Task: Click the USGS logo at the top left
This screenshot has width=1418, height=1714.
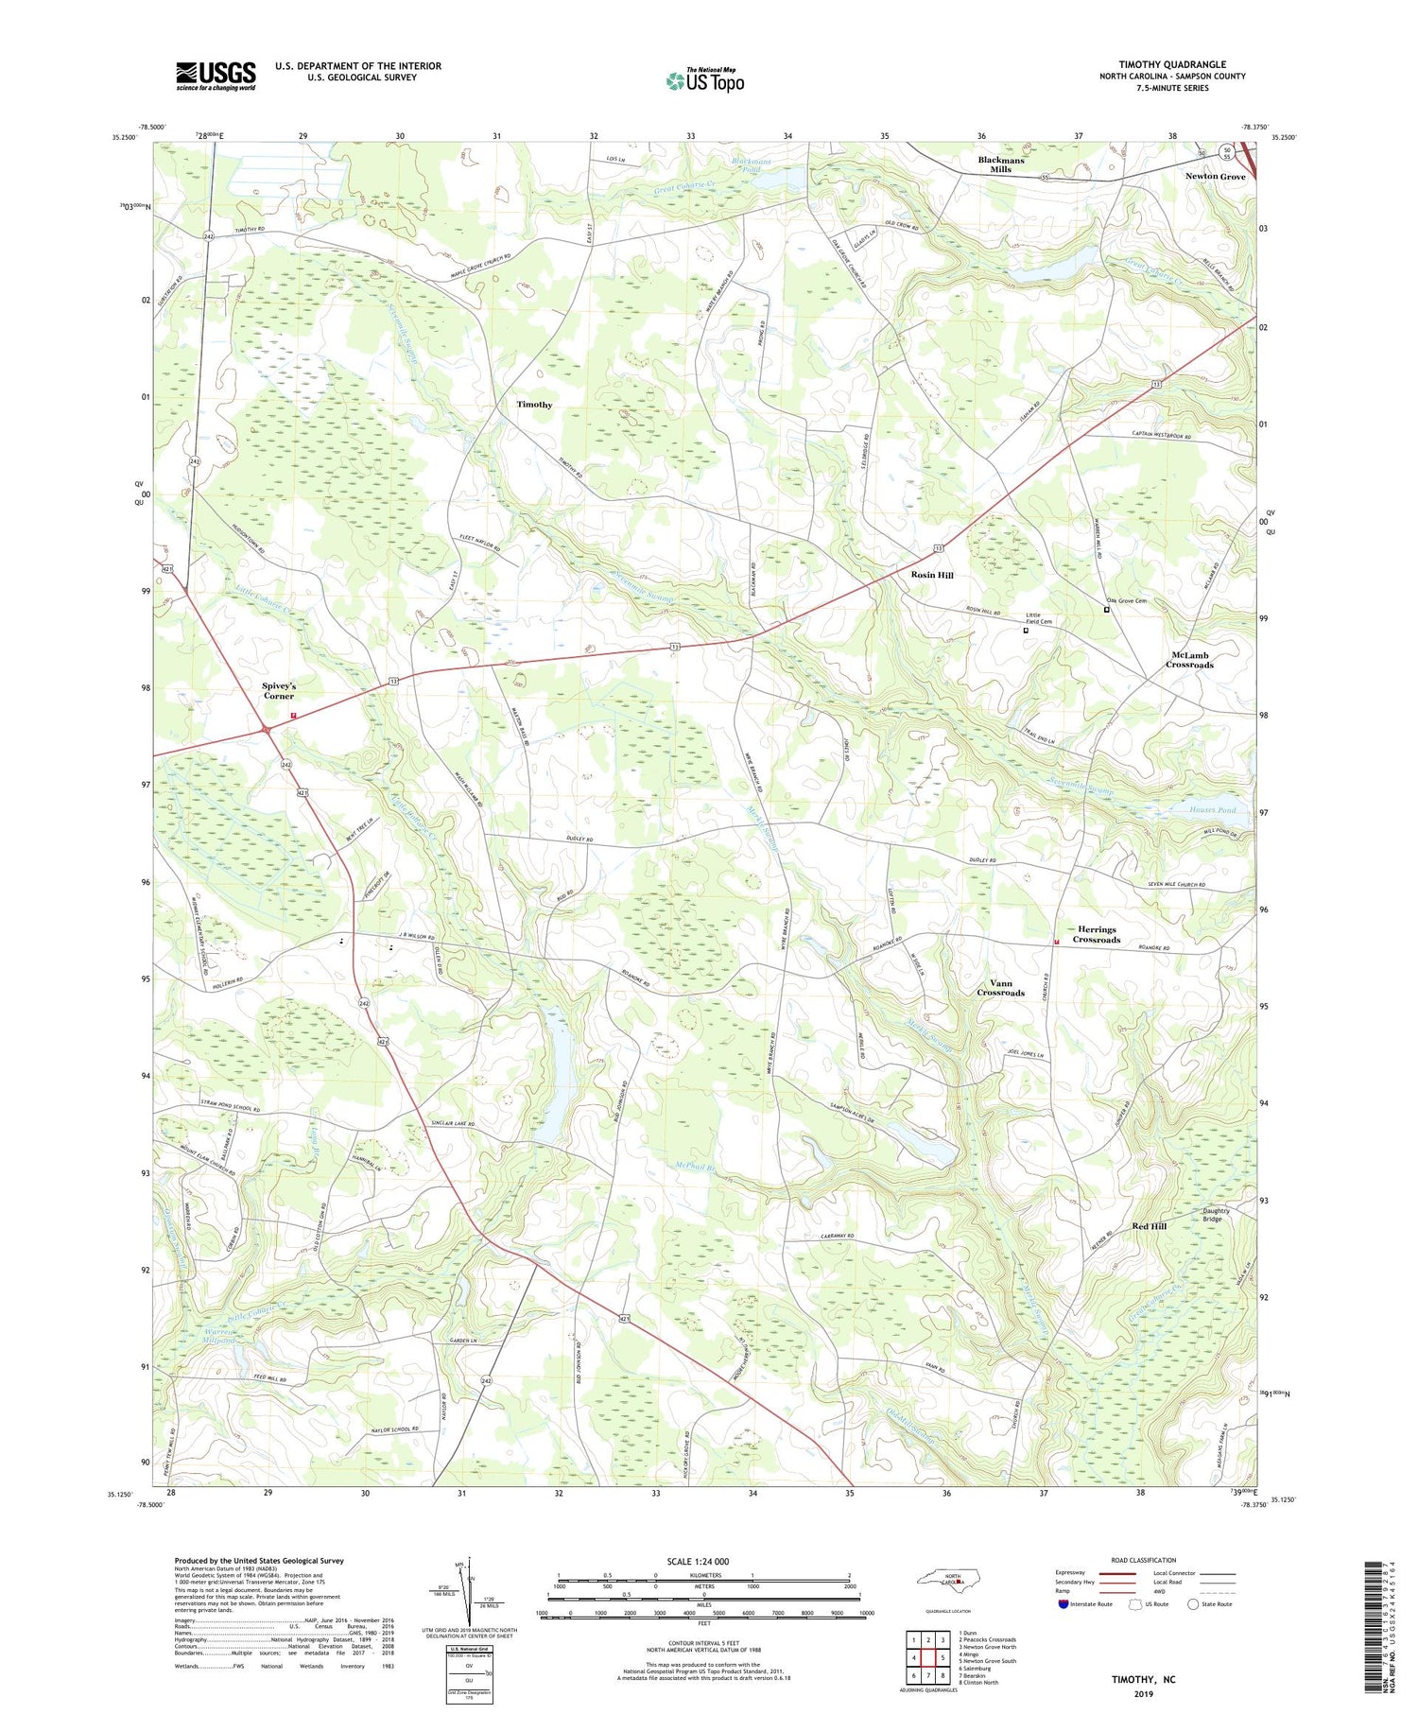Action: tap(216, 76)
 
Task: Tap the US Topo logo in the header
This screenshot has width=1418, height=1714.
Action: tap(704, 81)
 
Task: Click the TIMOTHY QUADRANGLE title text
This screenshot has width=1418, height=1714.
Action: tap(1172, 64)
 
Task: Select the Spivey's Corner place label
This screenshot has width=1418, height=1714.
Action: tap(278, 690)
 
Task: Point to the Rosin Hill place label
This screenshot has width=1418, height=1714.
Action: tap(931, 575)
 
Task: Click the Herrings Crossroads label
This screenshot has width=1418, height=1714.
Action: tap(1096, 934)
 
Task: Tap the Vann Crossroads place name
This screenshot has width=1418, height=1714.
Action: tap(1000, 988)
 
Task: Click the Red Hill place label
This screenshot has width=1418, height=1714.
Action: tap(1149, 1226)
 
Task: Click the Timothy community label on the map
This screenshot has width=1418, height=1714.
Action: tap(534, 405)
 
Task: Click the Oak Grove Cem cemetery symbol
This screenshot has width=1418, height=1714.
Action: tap(1106, 610)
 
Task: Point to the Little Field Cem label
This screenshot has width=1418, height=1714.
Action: tap(1039, 618)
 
